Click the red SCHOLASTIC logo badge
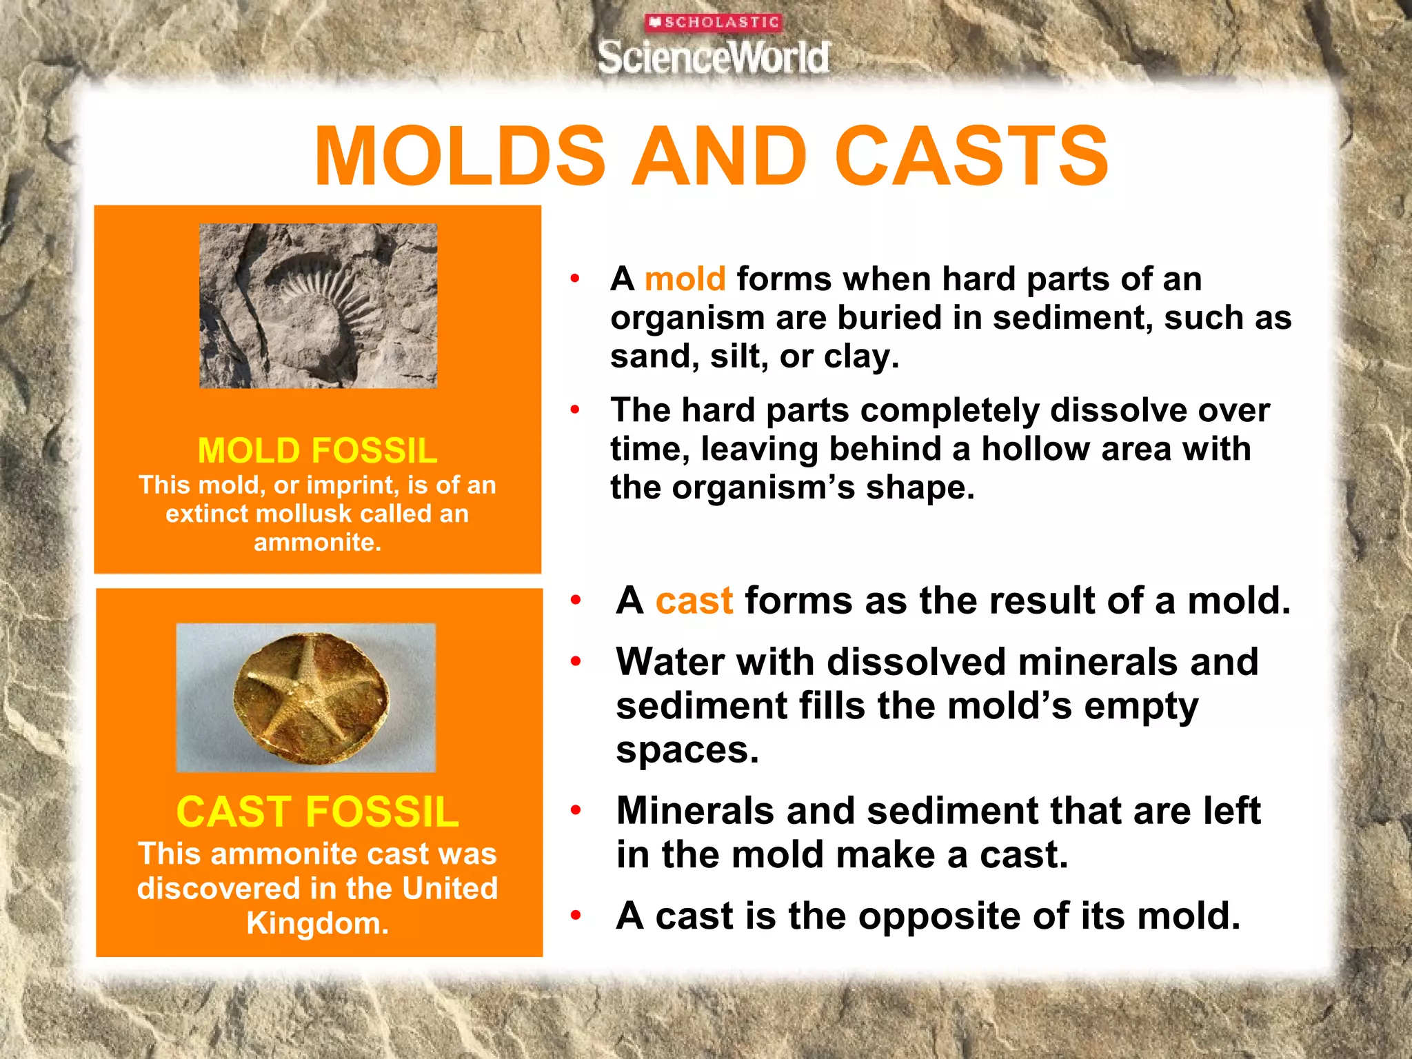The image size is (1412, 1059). click(x=714, y=23)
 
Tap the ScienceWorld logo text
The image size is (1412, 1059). click(x=714, y=57)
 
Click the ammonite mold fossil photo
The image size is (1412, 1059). click(x=318, y=305)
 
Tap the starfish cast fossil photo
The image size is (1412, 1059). click(x=306, y=697)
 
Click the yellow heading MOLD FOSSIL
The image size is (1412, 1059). click(x=317, y=451)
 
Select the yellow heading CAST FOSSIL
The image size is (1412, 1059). click(x=317, y=811)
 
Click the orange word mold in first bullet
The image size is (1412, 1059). click(x=685, y=279)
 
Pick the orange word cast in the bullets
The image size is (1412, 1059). click(x=694, y=601)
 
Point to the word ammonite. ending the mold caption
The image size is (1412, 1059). click(x=317, y=542)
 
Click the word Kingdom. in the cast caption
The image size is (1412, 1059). click(x=317, y=923)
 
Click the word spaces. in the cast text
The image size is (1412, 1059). click(x=687, y=750)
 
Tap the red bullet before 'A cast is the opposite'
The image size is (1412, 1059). click(x=576, y=916)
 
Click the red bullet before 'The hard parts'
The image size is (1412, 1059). click(x=575, y=411)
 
